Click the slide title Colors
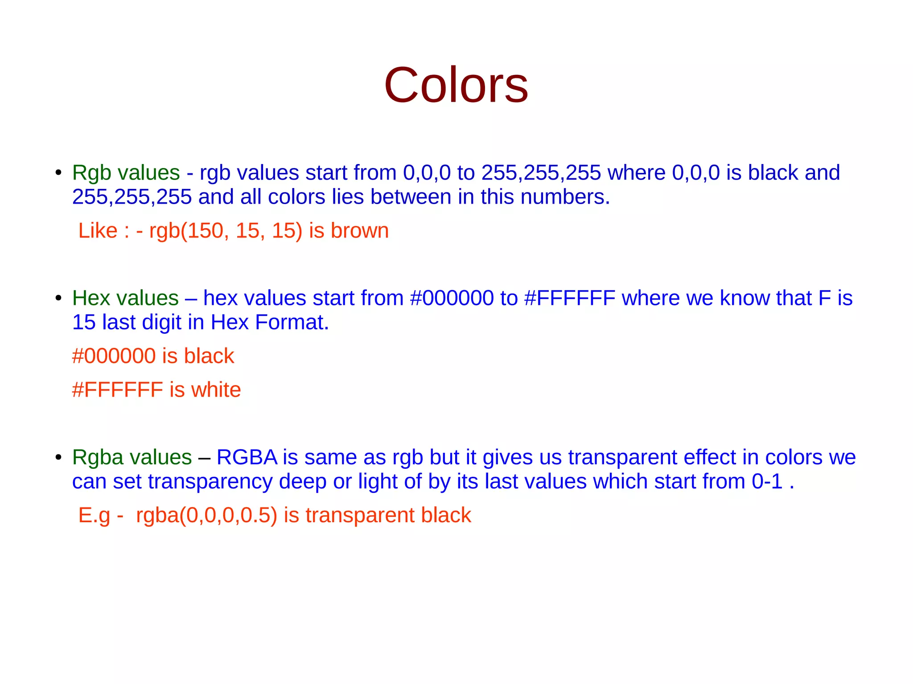coord(456,85)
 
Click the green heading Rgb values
coord(126,173)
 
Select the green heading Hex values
coord(125,298)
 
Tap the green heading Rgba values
coord(132,457)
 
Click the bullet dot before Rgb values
coord(58,172)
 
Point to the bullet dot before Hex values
coord(58,298)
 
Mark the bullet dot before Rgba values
coord(58,457)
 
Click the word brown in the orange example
coord(359,231)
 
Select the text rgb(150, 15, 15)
coord(226,231)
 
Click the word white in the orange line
coord(216,390)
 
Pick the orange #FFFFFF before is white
coord(118,390)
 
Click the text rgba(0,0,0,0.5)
coord(206,516)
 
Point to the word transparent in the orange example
coord(360,516)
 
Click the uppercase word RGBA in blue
coord(247,457)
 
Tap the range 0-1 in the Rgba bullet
coord(767,482)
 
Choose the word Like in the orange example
coord(98,231)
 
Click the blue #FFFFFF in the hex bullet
coord(570,298)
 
